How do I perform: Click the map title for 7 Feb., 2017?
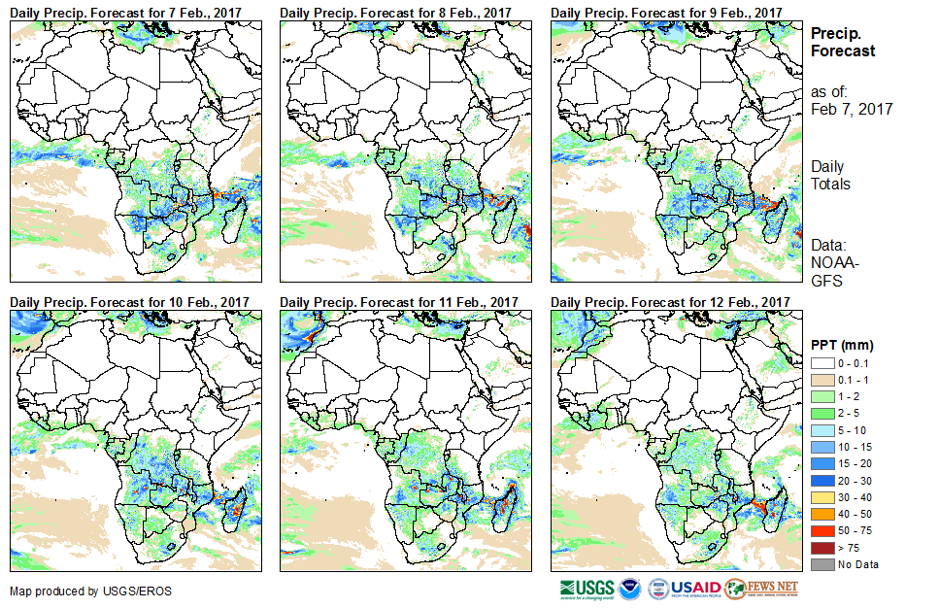coord(125,12)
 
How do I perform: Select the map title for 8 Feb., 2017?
coord(395,12)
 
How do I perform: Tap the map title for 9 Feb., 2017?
coord(665,12)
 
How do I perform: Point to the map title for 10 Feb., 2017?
coord(129,303)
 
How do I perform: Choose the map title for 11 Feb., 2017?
coord(399,303)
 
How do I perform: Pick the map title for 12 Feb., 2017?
coord(669,303)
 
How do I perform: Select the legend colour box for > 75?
coord(821,548)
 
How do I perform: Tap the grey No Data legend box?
coord(821,564)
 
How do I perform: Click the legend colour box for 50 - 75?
coord(821,530)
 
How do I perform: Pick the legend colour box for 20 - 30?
coord(821,480)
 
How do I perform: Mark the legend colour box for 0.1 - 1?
coord(821,379)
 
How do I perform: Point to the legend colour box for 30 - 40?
coord(821,497)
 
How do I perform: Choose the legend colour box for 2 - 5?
coord(821,413)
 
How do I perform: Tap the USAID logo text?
coord(695,588)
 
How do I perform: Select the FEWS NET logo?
coord(761,588)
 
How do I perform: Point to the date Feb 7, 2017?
coord(852,109)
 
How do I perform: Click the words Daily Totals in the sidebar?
coord(831,176)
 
